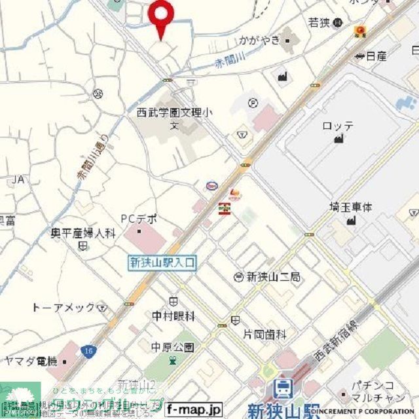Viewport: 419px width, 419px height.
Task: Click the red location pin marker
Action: tap(161, 14)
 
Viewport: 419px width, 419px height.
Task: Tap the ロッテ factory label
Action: tap(338, 125)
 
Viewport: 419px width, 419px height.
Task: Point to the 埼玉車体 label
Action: tap(350, 207)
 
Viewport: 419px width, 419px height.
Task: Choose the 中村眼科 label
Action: tap(173, 316)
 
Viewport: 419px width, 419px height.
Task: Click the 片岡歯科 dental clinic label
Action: tap(265, 334)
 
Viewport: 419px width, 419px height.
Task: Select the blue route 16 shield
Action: tap(87, 352)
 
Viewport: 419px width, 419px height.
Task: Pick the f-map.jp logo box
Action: tap(194, 409)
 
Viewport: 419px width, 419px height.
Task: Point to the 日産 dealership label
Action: tap(376, 57)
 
